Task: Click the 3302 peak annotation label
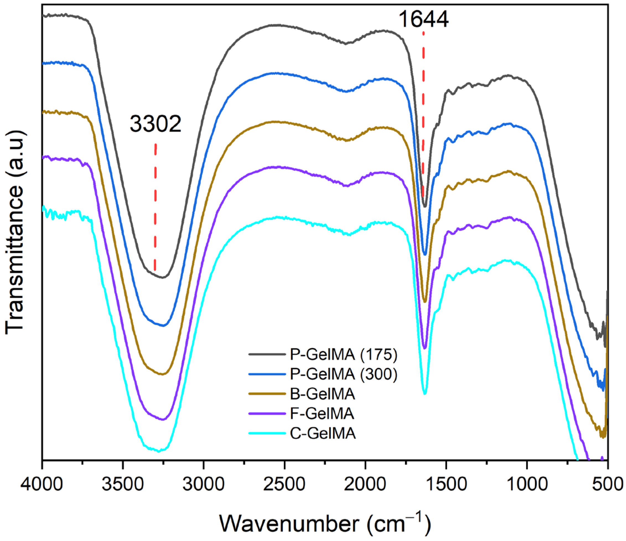(155, 124)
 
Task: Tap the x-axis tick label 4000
(42, 485)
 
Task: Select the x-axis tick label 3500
(123, 485)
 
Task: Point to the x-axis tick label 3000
(204, 485)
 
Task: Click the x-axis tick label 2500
(284, 485)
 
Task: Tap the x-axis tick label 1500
(446, 485)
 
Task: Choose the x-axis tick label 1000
(527, 485)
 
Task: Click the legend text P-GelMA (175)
(344, 354)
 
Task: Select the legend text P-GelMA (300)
(344, 374)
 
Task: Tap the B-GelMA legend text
(322, 394)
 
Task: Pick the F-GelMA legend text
(322, 413)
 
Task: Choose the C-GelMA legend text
(323, 433)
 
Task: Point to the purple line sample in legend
(267, 414)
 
